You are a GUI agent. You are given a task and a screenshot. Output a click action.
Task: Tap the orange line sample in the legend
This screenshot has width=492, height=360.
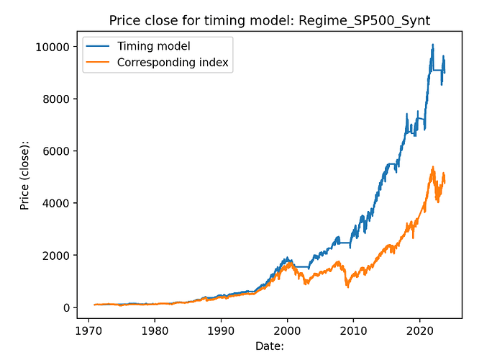click(x=98, y=63)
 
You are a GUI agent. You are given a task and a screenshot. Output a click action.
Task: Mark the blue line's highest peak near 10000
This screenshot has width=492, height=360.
click(x=432, y=45)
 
